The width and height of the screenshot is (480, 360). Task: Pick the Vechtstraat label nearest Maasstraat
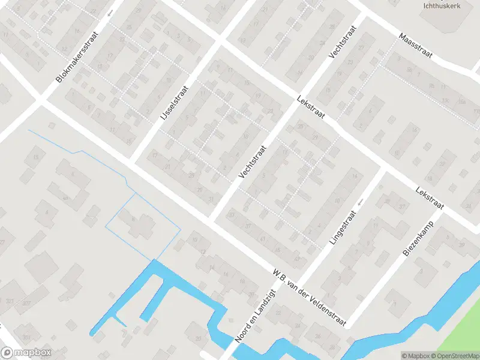point(343,41)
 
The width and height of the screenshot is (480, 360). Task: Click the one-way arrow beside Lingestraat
point(360,203)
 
